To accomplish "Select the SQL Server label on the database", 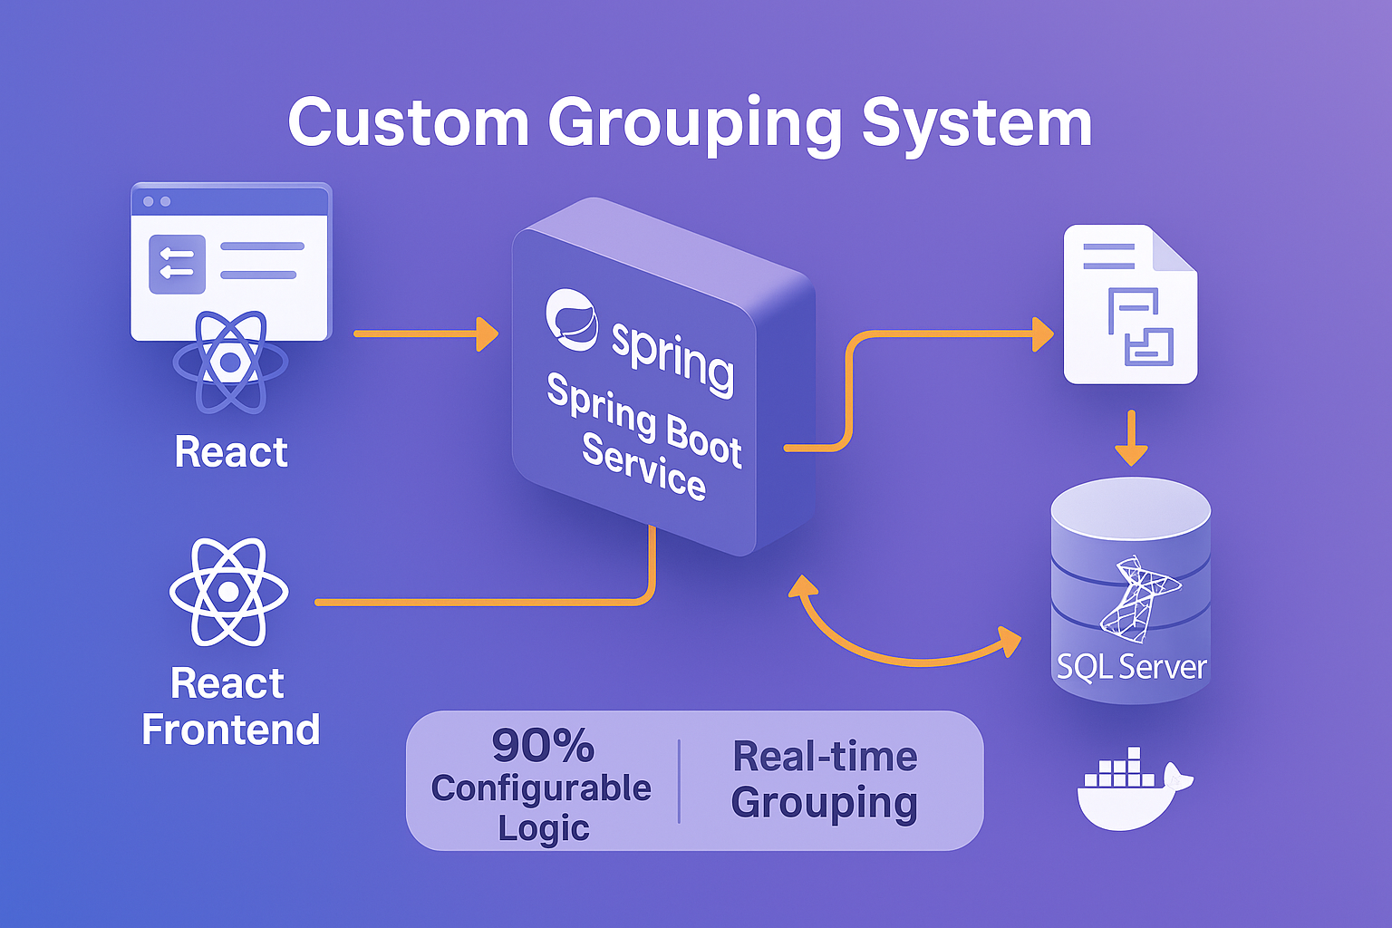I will pos(1131,667).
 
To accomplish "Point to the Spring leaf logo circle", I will pos(571,319).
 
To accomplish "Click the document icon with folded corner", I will pos(1130,304).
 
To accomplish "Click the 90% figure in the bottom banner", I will pos(542,746).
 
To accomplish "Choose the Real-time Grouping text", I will pos(825,779).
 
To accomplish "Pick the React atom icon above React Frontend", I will pos(228,592).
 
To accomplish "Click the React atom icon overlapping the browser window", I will pos(230,362).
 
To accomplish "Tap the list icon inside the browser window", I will pos(177,264).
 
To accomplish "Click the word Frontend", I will pos(230,730).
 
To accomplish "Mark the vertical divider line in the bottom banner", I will pos(679,781).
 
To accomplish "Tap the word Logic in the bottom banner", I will pos(543,828).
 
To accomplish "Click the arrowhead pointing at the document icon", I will pos(1042,334).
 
